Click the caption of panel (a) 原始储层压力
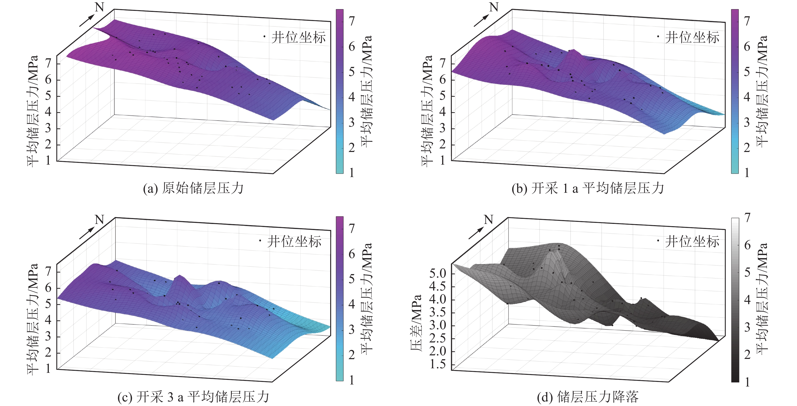tap(193, 188)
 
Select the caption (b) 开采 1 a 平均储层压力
tap(588, 188)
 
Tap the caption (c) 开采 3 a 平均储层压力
tap(193, 397)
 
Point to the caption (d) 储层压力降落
tap(588, 397)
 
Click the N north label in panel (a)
tap(99, 7)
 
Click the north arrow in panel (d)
tap(476, 233)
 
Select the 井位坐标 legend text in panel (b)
tap(692, 37)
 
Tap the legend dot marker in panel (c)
tap(260, 240)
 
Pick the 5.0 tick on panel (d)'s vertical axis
tap(437, 273)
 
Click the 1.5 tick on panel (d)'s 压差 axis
tap(437, 364)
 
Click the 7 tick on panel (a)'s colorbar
tap(351, 21)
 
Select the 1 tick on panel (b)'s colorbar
tap(747, 173)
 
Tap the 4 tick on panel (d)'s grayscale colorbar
tap(747, 299)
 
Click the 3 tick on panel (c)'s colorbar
tap(351, 330)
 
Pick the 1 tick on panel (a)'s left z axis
tap(48, 160)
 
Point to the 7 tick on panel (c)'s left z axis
tap(48, 271)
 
